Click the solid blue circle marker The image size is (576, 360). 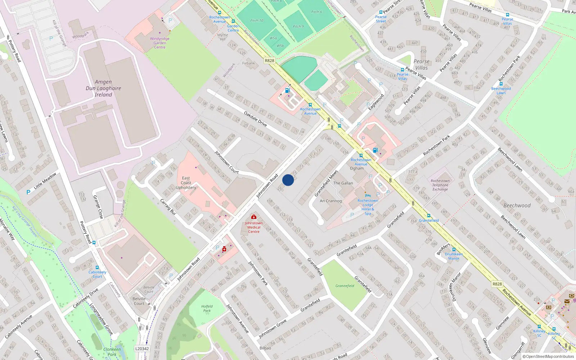coord(288,180)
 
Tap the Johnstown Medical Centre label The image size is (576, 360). coord(254,227)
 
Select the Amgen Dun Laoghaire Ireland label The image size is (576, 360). coord(103,88)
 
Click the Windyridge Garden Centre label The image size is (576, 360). coord(159,43)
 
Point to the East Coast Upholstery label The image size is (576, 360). coord(186,183)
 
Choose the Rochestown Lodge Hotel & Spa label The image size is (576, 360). coord(368,207)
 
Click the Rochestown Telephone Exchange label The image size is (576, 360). coord(440,185)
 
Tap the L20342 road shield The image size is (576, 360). coord(142,348)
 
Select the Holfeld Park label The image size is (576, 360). coord(207,308)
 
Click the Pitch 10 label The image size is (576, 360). coord(257,21)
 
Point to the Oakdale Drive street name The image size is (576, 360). coord(255,119)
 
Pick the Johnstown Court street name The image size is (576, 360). coord(226,162)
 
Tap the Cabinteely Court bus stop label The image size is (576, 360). coord(97,274)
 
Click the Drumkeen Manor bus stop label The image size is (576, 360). coord(454,256)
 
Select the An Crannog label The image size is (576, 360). coord(330,201)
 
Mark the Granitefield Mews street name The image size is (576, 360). coord(326,183)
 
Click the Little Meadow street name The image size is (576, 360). coord(45,181)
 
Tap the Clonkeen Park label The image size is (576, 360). coord(112,352)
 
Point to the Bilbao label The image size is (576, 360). coord(265,348)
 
